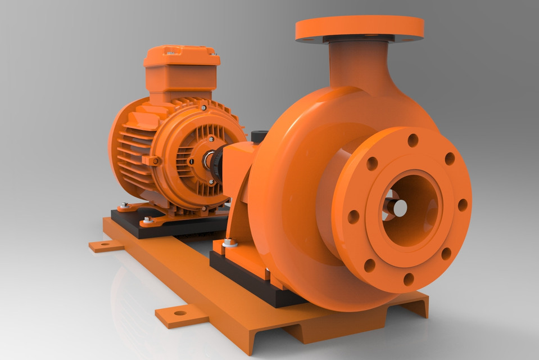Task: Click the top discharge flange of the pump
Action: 360,27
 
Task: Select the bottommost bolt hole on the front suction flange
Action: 409,279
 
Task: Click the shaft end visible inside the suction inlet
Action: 399,208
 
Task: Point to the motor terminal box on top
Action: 181,70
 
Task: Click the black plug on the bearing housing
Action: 259,136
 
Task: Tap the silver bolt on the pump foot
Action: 229,243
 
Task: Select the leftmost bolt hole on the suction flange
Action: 353,217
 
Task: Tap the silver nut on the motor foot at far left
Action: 124,205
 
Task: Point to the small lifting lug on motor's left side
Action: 152,160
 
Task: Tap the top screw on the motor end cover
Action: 203,107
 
